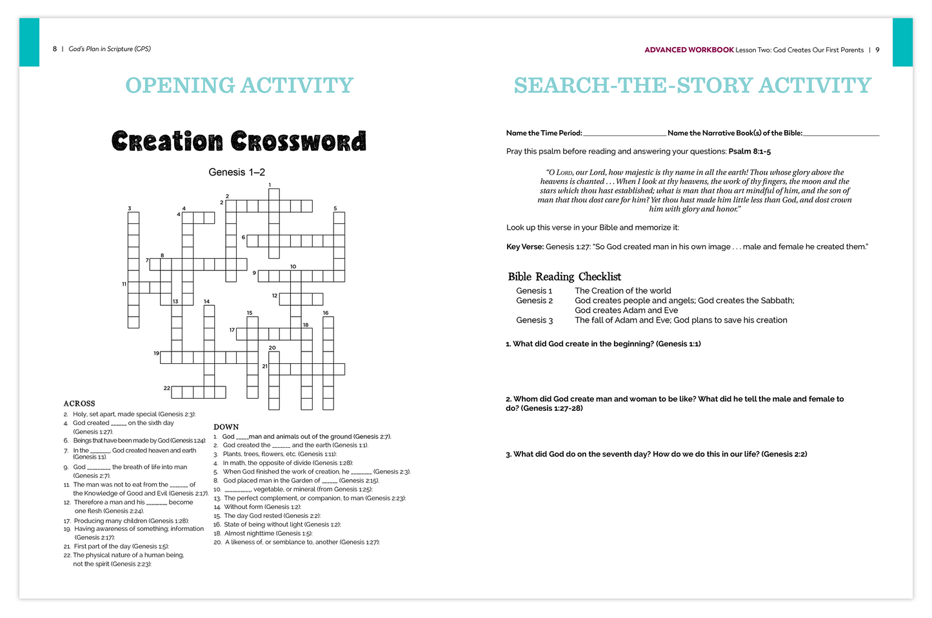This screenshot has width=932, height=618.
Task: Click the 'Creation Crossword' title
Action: [x=239, y=141]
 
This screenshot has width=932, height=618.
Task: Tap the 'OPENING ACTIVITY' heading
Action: [x=239, y=85]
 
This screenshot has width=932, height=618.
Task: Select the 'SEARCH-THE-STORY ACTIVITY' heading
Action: [x=692, y=85]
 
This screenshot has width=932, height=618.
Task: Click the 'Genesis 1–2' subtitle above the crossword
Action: [x=237, y=172]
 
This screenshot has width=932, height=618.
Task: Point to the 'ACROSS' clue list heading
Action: [x=79, y=404]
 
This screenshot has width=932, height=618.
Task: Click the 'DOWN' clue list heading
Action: [x=226, y=427]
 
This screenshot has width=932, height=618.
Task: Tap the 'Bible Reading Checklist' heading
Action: [x=564, y=277]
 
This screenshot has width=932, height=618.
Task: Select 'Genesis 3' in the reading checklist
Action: [x=534, y=321]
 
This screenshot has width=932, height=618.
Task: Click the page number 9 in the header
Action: [x=877, y=50]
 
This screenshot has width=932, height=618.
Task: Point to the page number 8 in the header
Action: [x=55, y=49]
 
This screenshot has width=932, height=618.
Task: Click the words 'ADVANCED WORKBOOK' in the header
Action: [x=689, y=50]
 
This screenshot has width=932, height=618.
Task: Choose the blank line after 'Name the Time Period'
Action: [x=624, y=134]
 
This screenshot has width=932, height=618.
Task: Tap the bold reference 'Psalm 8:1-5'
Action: [x=749, y=152]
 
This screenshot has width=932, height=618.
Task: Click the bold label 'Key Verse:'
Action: [x=525, y=247]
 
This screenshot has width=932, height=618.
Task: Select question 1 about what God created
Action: [x=603, y=344]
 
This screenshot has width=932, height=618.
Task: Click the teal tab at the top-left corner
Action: [x=29, y=42]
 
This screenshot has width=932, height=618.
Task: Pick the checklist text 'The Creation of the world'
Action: [x=622, y=291]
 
